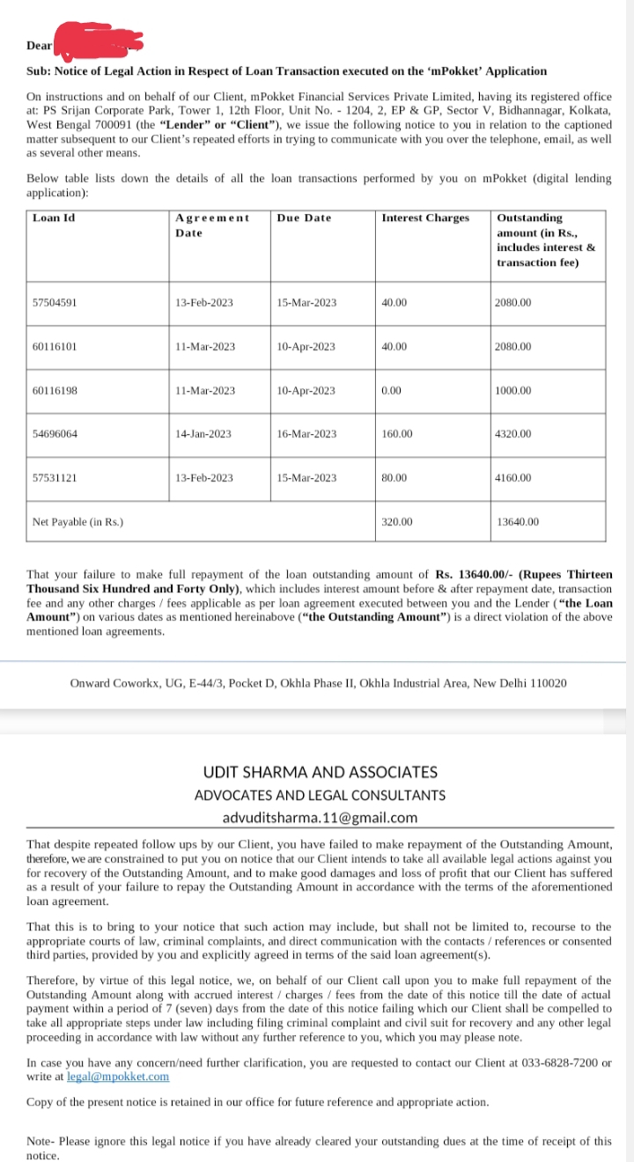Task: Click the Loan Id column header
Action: (x=53, y=217)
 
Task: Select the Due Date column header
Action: (x=304, y=217)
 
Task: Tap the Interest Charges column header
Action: (x=425, y=217)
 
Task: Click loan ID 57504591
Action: (x=55, y=303)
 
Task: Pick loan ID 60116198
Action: (x=55, y=391)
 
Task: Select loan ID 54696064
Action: (x=55, y=434)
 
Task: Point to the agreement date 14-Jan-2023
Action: (x=203, y=434)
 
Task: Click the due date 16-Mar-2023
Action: (x=306, y=434)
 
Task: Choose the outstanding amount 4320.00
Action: (x=513, y=434)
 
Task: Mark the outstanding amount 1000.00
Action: (x=513, y=391)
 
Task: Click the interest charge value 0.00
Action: (x=392, y=391)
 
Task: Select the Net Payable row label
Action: (x=77, y=522)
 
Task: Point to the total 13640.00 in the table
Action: (x=518, y=522)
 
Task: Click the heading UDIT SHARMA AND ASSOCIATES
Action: (x=320, y=772)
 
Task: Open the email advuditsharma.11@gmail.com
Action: (x=320, y=818)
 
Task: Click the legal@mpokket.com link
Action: (x=118, y=1077)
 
